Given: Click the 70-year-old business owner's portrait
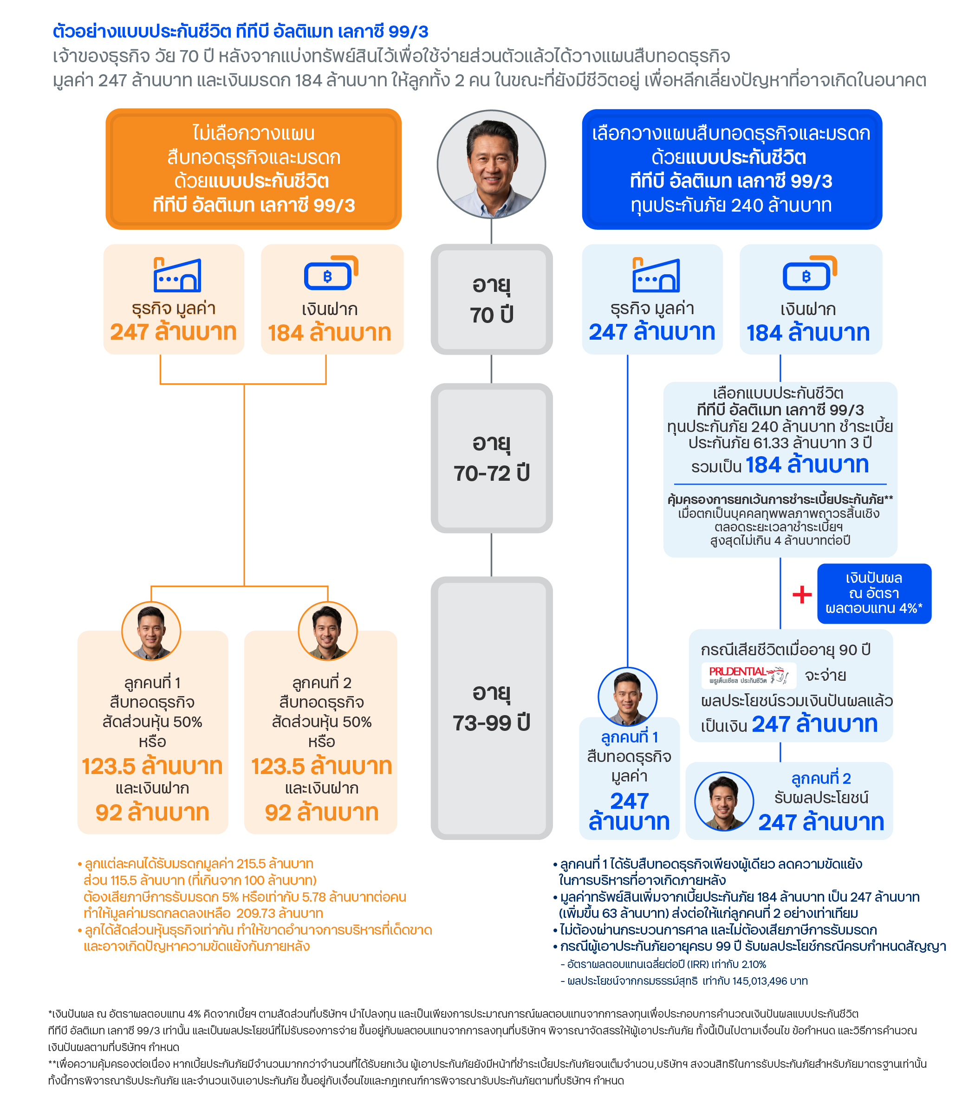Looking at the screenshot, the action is click(491, 164).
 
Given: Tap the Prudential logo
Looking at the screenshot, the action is click(748, 675).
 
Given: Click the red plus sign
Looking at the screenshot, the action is click(802, 594).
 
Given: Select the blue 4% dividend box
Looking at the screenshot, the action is click(873, 593).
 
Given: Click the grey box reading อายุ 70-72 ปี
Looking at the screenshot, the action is click(491, 458).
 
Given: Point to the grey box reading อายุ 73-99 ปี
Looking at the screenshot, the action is click(491, 708).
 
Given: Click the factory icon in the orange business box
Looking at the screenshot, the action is click(177, 275).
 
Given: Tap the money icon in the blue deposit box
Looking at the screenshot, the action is click(809, 273).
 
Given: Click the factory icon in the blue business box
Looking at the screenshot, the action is click(656, 275).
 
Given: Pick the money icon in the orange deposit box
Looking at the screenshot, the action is click(331, 273).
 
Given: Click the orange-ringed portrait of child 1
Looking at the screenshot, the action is click(151, 631).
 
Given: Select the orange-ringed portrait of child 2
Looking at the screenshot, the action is click(327, 631).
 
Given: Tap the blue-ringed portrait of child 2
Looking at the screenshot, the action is click(724, 801).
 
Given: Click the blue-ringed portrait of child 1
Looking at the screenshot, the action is click(627, 696).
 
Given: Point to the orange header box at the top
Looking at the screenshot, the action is click(253, 169).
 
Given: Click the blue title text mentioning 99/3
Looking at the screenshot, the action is click(240, 31).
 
